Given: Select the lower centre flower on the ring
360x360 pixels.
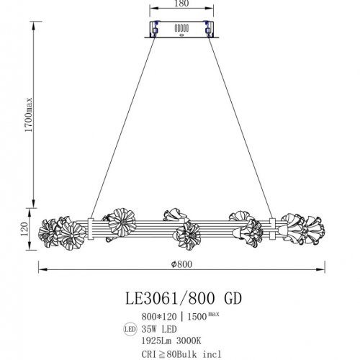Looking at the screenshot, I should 189,233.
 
